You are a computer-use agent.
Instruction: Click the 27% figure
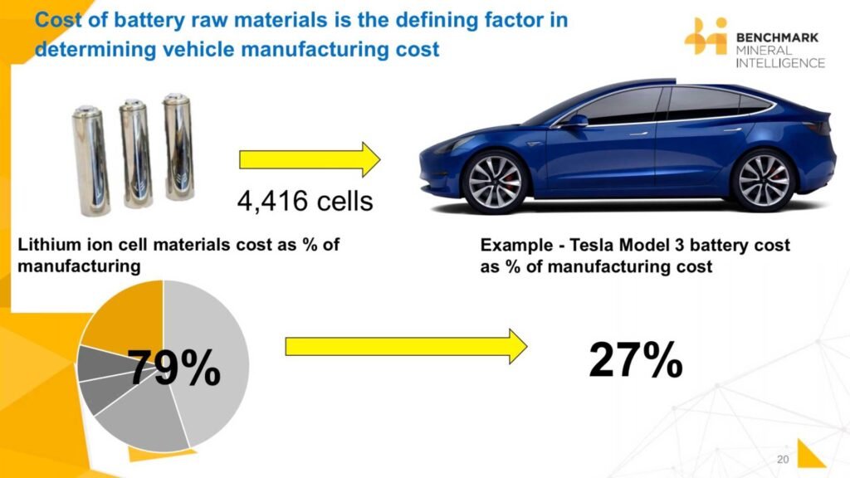[x=635, y=359]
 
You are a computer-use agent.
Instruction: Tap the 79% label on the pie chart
[x=174, y=368]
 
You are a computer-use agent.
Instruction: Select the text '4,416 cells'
[x=305, y=201]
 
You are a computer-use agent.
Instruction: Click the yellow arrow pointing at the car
[x=310, y=159]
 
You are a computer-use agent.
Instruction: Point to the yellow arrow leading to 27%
[x=406, y=346]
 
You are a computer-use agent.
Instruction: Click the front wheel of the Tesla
[x=495, y=182]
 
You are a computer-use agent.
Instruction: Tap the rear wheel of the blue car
[x=764, y=180]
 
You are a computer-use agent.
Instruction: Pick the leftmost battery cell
[x=90, y=161]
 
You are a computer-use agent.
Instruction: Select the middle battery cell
[x=135, y=154]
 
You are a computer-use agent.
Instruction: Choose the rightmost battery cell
[x=178, y=147]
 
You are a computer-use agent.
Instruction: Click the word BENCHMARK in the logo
[x=777, y=37]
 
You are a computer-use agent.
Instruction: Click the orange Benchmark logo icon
[x=706, y=36]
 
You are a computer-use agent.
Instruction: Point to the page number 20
[x=783, y=459]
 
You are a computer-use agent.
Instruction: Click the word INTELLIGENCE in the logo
[x=780, y=63]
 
